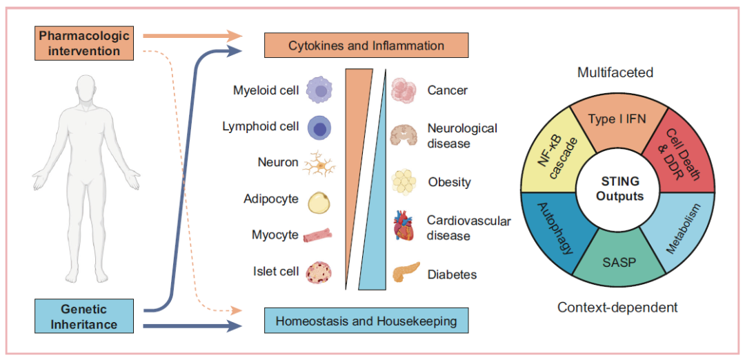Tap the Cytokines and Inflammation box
[x=366, y=46]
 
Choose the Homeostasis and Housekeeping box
[x=366, y=321]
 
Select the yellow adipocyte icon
[x=319, y=201]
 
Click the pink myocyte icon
[x=317, y=234]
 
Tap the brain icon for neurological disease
[x=404, y=134]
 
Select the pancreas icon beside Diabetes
[x=406, y=272]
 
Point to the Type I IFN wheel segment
[x=617, y=123]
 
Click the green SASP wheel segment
[x=617, y=262]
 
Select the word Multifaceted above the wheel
[x=615, y=72]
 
